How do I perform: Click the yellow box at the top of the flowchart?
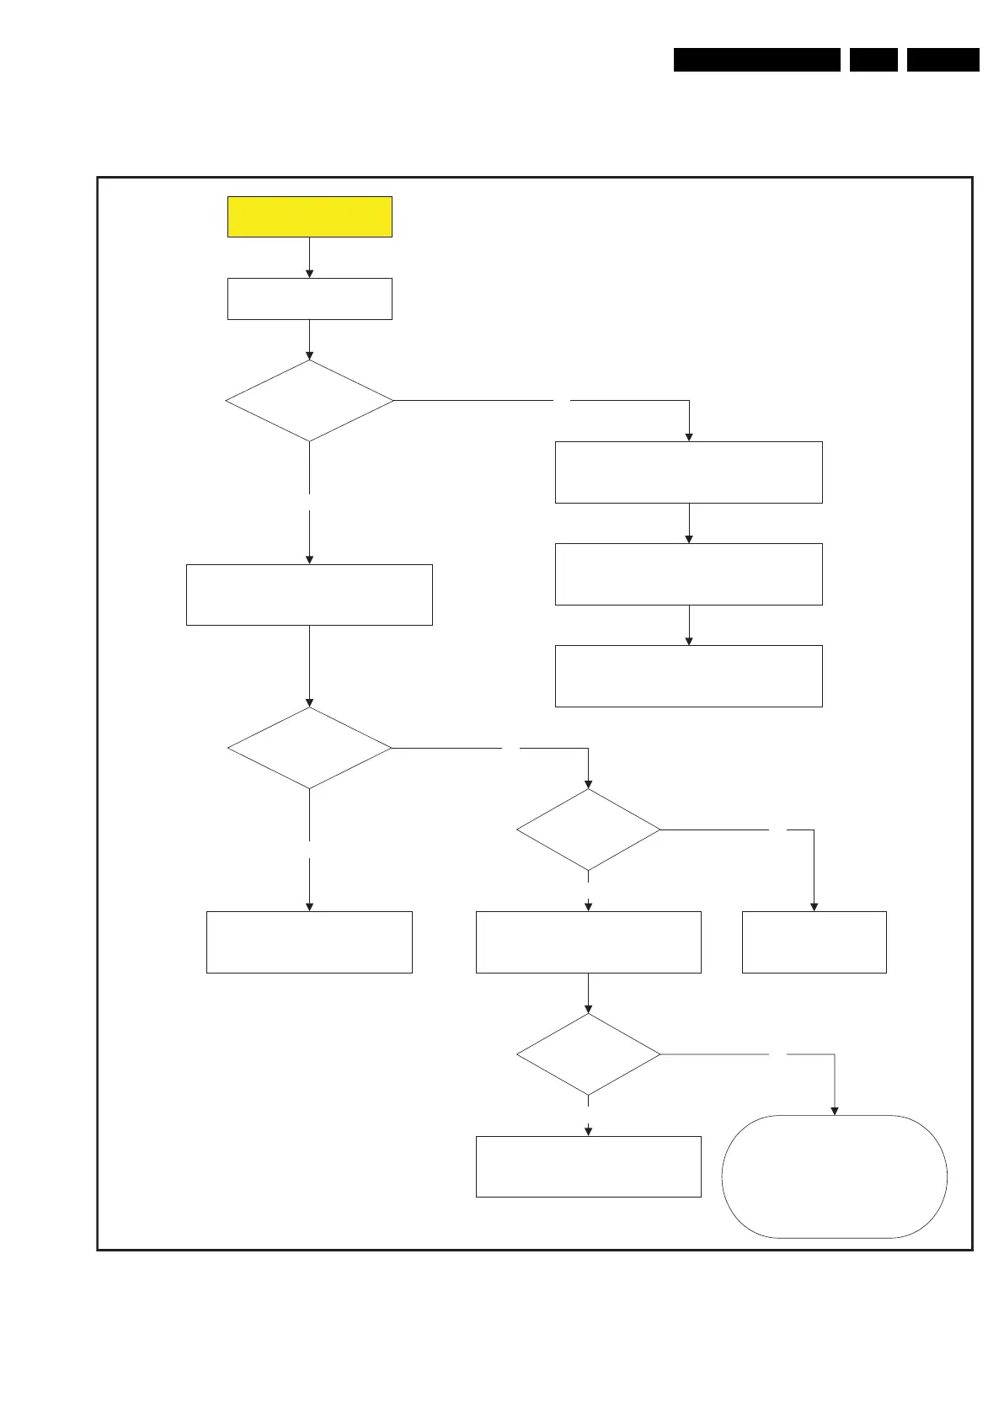tap(309, 216)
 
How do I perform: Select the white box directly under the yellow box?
tap(309, 298)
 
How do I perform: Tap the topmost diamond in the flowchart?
tap(309, 401)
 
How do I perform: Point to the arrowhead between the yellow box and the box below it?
tap(309, 273)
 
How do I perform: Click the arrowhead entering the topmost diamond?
tap(309, 355)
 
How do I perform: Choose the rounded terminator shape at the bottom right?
tap(834, 1176)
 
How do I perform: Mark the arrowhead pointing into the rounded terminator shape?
tap(835, 1110)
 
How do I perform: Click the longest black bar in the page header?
tap(756, 60)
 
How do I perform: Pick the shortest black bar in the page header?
tap(873, 60)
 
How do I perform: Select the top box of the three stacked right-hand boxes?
tap(688, 472)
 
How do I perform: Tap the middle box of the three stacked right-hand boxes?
tap(688, 574)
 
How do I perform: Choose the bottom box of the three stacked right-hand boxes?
tap(688, 676)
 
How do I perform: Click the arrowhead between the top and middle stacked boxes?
tap(689, 538)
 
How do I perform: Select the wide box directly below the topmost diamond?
tap(309, 595)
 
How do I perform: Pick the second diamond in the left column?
tap(309, 748)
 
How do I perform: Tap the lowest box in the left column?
tap(309, 942)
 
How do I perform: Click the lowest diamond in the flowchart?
tap(588, 1054)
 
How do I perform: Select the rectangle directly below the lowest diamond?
tap(588, 1166)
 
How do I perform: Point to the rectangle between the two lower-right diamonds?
tap(588, 942)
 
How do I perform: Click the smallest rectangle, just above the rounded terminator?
tap(814, 942)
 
